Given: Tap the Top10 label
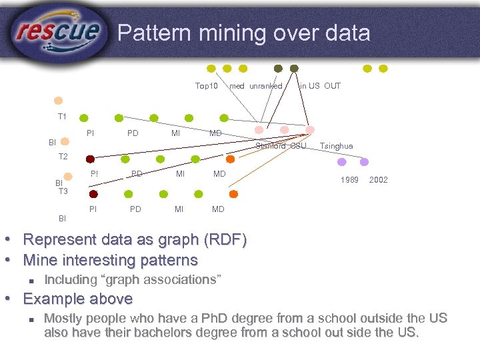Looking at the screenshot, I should pos(206,86).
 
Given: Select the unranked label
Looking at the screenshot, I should pos(266,86).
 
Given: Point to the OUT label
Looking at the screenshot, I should pos(332,86).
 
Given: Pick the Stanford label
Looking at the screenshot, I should pos(271,146).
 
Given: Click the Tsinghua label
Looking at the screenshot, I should pos(337,146).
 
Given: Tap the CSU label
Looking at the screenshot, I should pos(298,146).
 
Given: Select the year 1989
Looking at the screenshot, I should pos(350,180).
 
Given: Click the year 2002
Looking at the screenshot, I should pos(378,180).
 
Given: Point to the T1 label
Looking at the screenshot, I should pos(62,117).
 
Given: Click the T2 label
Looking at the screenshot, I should pos(63,157).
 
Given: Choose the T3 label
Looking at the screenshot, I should pos(63,191).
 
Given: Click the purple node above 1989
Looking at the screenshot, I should pos(342,161).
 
